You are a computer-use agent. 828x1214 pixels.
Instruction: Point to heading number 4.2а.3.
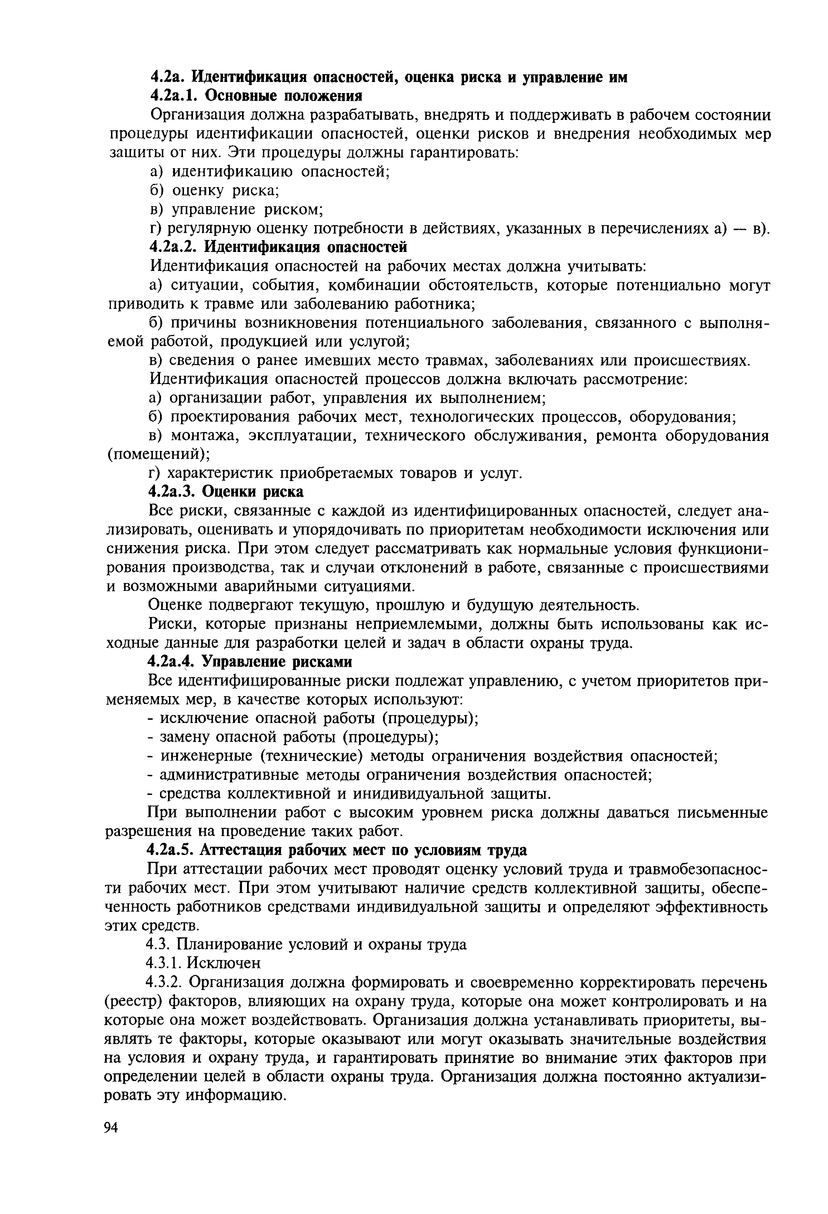pos(173,492)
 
